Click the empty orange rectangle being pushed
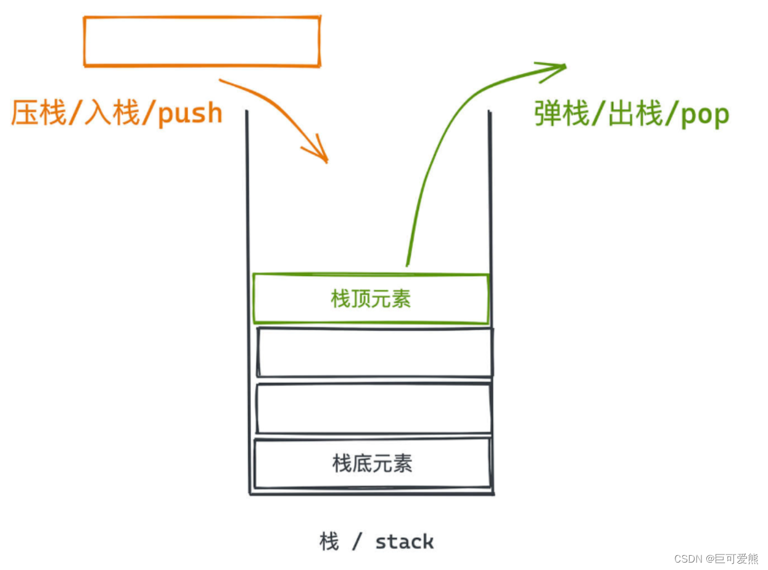point(202,41)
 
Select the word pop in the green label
point(705,115)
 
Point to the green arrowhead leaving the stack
point(554,69)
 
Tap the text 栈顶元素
point(371,300)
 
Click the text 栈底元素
point(372,463)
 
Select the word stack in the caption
point(404,542)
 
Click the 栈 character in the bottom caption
point(329,542)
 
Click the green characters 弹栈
point(561,115)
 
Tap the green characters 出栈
point(635,115)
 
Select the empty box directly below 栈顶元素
point(374,352)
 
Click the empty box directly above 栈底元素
point(374,408)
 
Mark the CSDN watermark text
point(689,559)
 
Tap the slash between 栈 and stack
point(357,542)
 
